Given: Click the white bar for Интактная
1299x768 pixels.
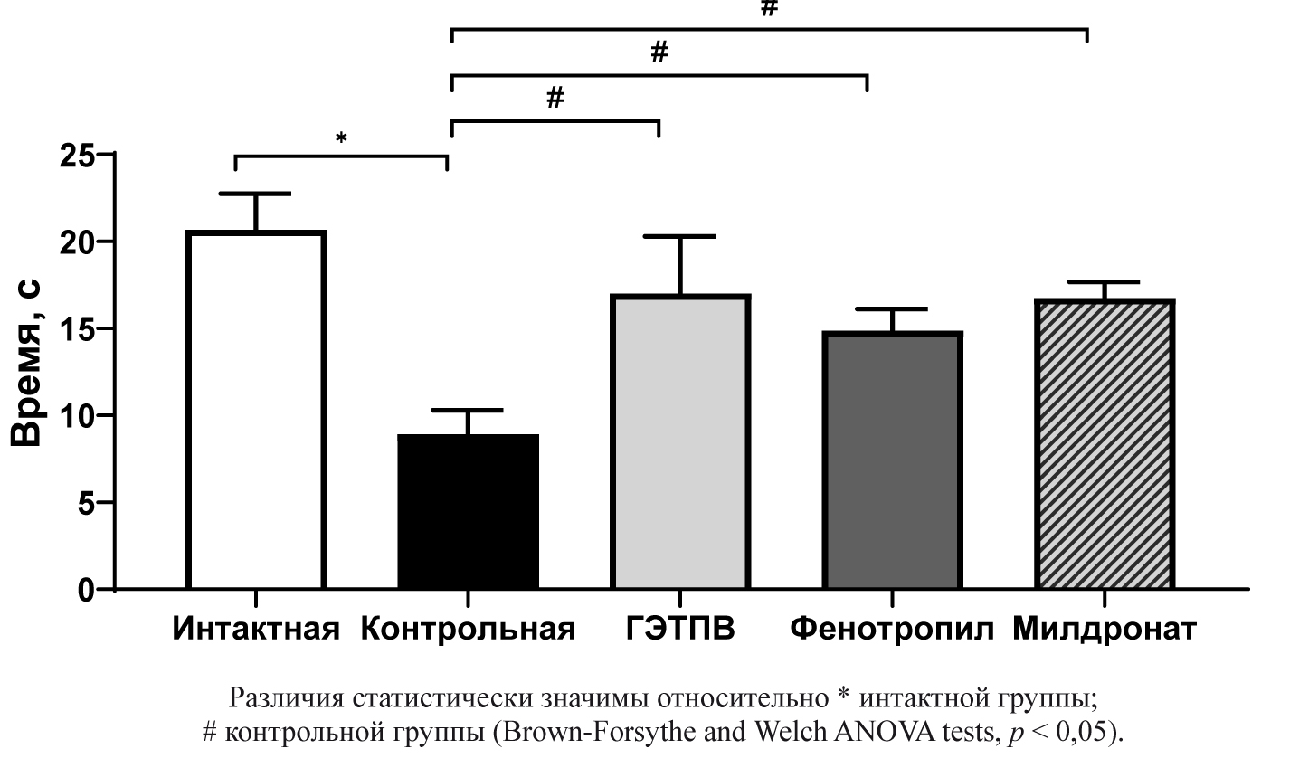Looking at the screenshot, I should point(256,412).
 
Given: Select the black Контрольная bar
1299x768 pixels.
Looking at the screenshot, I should point(468,511).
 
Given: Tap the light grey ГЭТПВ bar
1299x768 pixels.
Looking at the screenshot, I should point(680,443).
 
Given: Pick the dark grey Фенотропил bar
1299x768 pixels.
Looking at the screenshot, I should point(892,461).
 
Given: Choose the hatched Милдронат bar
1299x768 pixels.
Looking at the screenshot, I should point(1104,445).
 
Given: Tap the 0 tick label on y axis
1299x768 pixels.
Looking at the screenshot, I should point(86,590).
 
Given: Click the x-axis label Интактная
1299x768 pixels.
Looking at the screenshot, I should point(256,630).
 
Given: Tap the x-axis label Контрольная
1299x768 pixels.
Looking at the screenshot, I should point(468,630).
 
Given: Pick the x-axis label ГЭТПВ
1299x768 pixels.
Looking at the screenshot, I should point(680,630).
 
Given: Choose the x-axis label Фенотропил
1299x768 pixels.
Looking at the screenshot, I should point(892,630).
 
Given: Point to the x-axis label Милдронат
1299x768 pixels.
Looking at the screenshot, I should point(1104,630).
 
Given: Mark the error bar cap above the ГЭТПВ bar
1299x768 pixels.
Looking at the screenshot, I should point(680,236).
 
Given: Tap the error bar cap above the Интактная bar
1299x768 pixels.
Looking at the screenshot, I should point(256,194).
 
